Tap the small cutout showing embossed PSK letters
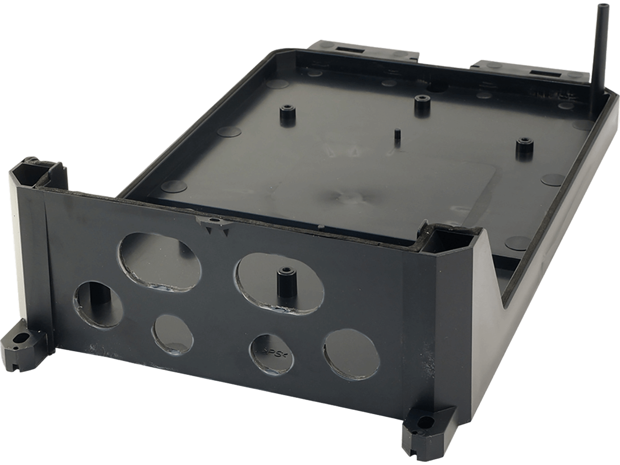click(270, 351)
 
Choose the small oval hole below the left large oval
click(172, 333)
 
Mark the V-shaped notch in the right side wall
click(499, 281)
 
